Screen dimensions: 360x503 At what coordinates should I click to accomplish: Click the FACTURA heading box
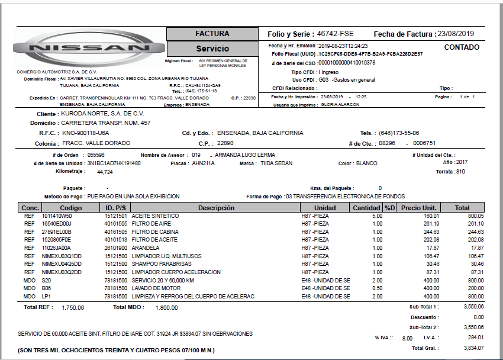(212, 34)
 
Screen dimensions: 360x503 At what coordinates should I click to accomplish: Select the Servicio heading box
(212, 49)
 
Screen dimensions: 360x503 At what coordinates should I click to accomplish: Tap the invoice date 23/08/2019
(456, 34)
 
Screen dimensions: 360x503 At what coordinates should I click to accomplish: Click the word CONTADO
(462, 47)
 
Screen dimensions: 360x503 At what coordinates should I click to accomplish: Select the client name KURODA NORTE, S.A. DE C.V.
(102, 113)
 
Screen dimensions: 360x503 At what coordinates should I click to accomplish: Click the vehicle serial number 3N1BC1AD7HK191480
(114, 163)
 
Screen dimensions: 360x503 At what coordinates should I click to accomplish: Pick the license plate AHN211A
(203, 163)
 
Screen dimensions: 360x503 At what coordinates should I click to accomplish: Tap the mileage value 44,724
(105, 172)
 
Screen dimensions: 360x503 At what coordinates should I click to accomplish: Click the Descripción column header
(216, 208)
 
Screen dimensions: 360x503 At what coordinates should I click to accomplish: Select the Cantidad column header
(367, 208)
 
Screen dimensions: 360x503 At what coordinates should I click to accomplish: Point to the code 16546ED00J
(57, 224)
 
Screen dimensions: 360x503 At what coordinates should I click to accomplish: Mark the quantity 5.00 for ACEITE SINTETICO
(377, 216)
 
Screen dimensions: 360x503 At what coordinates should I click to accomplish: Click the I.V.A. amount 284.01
(475, 337)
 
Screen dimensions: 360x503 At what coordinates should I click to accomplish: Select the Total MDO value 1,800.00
(166, 308)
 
